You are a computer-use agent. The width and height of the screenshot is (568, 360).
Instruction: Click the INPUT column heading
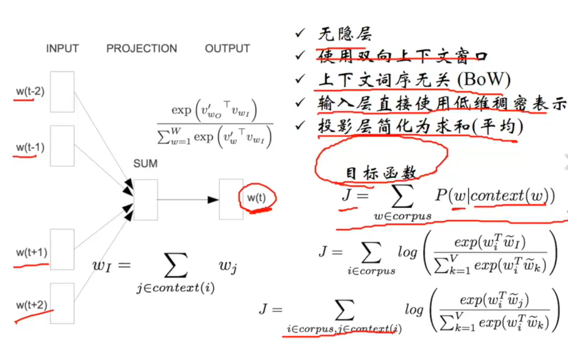pos(62,49)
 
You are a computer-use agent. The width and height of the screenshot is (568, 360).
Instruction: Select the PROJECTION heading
pos(141,49)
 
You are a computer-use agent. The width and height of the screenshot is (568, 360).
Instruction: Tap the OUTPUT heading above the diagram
pos(227,49)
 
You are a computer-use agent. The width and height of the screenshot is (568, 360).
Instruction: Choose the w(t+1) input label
pos(32,252)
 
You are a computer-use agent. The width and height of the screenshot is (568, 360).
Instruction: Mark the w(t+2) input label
pos(32,305)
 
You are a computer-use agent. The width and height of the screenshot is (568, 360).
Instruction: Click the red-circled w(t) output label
pos(256,197)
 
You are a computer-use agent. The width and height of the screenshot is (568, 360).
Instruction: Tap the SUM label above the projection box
pos(145,164)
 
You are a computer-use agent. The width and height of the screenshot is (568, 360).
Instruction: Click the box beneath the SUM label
pos(145,200)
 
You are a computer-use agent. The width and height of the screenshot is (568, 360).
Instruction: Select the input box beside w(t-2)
pos(62,92)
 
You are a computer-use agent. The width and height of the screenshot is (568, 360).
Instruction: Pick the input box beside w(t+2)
pos(62,303)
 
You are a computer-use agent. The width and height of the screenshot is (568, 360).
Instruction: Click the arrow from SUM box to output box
pos(187,200)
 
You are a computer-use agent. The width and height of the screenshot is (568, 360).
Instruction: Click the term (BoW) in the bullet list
pos(484,80)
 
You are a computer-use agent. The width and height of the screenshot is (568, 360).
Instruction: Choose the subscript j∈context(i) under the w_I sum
pos(176,289)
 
